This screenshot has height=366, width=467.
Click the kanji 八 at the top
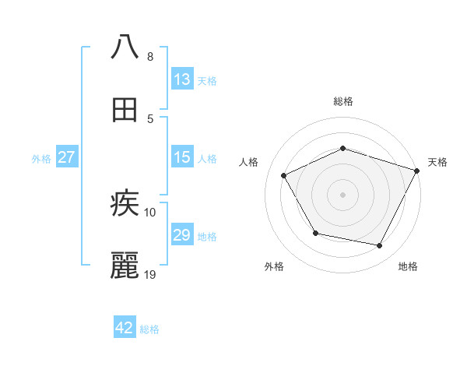coord(125,47)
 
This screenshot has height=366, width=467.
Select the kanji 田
coord(125,110)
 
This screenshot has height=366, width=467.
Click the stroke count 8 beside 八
coord(149,57)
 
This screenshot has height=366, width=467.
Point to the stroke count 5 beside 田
coord(149,119)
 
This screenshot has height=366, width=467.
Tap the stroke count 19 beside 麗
coord(150,275)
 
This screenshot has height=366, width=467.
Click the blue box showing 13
coord(182,79)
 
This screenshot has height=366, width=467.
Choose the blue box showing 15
coord(182,157)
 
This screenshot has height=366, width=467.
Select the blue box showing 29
coord(182,235)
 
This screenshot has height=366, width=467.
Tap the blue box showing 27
coord(66,157)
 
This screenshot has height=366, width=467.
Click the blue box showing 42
coord(125,328)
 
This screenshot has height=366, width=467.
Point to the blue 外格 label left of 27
coord(41,159)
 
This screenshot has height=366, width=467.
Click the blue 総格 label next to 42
coord(149,329)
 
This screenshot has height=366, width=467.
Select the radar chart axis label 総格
coord(342,101)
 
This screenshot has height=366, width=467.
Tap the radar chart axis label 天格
coord(438,162)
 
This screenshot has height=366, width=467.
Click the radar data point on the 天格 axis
coord(418,170)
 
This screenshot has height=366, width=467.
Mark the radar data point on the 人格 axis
coord(284,176)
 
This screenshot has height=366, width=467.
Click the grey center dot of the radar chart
coord(342,195)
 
